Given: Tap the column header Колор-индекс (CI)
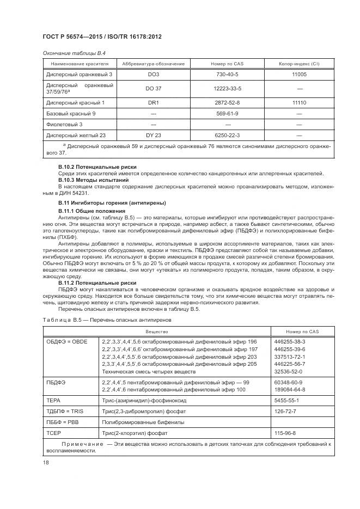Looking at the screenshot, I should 298,64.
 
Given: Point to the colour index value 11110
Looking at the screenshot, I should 298,102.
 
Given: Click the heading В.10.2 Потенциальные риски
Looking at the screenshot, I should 97,166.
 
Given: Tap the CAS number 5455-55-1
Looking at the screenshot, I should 285,400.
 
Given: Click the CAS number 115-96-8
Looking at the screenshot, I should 285,433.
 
